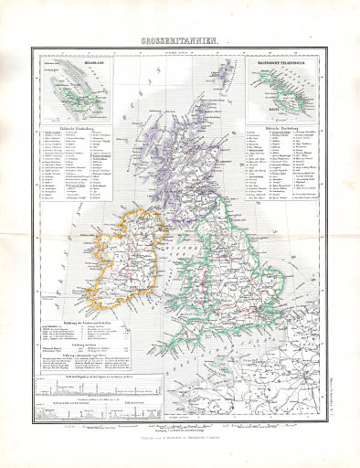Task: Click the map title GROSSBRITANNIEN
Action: (180, 42)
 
